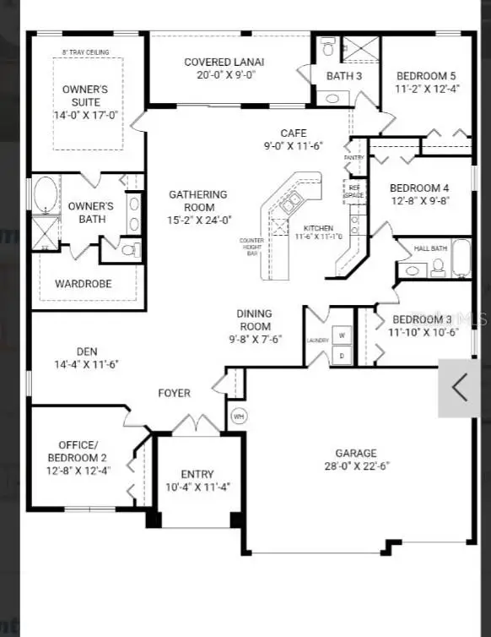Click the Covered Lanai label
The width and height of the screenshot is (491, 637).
224,63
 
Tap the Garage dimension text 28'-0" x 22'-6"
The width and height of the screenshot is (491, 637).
356,465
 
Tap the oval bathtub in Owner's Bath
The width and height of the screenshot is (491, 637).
44,194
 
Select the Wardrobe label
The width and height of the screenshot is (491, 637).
84,284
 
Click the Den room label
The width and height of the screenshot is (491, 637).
87,351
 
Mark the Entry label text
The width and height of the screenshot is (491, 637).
197,474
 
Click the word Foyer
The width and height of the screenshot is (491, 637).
175,393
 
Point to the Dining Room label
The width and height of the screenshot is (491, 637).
254,320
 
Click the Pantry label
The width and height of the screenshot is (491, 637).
353,158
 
